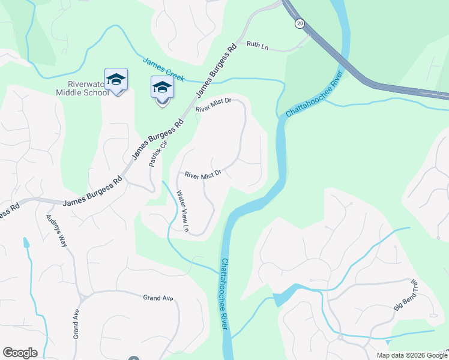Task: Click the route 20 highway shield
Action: coord(299,23)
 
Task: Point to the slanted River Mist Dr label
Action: coord(213,106)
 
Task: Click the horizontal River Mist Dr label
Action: coord(203,175)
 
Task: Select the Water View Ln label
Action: coord(182,211)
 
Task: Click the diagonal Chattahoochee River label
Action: coord(314,94)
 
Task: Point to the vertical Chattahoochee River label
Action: coord(224,293)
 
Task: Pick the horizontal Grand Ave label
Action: coord(158,298)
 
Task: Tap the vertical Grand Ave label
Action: coord(76,324)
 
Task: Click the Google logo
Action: coord(20,353)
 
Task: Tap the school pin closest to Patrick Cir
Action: coord(162,89)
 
